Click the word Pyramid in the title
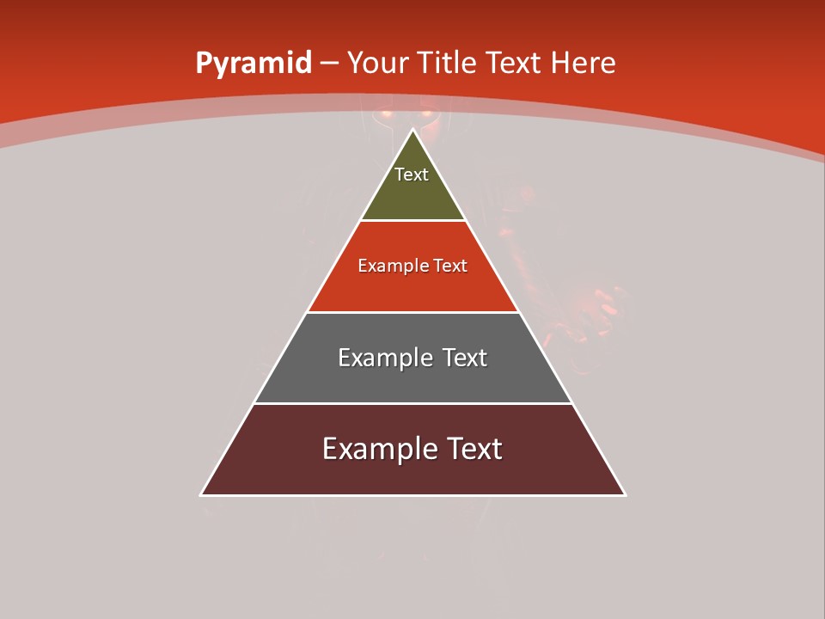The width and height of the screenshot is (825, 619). click(253, 64)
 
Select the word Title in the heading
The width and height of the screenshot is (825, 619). click(449, 64)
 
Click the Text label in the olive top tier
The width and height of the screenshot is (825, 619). click(412, 175)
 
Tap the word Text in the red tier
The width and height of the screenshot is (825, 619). click(450, 266)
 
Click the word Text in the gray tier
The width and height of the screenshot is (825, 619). click(464, 358)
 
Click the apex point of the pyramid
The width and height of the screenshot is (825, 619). click(413, 131)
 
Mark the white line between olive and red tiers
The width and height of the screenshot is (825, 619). click(413, 221)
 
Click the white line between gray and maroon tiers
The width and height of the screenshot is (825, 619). click(413, 403)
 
